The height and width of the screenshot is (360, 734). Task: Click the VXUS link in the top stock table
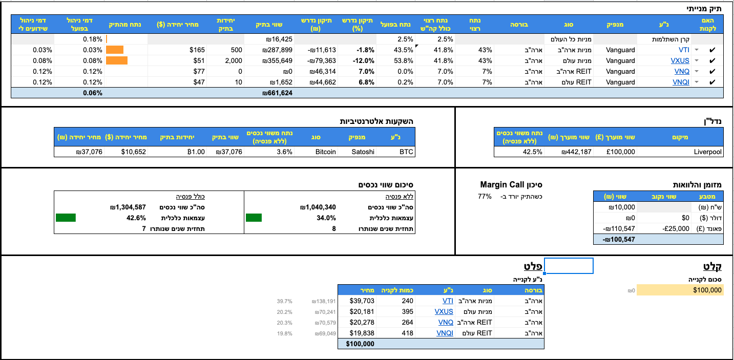click(x=680, y=60)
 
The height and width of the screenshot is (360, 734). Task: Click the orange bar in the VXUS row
click(x=117, y=60)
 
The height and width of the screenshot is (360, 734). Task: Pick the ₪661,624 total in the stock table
click(x=277, y=93)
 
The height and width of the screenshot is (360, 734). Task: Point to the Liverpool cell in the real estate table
click(x=707, y=152)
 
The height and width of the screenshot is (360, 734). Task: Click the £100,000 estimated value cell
click(x=621, y=152)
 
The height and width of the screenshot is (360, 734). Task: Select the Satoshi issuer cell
click(x=363, y=152)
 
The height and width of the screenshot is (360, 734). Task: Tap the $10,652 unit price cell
click(x=133, y=152)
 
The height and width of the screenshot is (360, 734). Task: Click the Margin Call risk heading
click(x=511, y=185)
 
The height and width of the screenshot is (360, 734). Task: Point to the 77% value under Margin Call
click(x=485, y=197)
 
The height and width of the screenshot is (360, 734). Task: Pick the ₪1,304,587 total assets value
click(x=128, y=207)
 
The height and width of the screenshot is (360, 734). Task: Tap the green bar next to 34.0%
click(x=254, y=218)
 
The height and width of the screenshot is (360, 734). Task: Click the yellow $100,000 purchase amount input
click(x=680, y=290)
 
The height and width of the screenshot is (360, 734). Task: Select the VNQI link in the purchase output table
click(x=445, y=333)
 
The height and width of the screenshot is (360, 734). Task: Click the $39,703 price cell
click(x=362, y=301)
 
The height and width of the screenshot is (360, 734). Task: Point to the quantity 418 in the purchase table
click(x=407, y=333)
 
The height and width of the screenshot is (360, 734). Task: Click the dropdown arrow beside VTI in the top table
click(x=697, y=50)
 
